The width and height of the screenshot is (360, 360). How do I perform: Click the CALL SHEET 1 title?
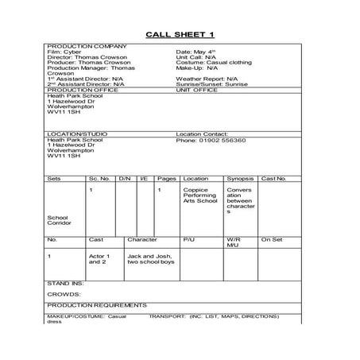180,34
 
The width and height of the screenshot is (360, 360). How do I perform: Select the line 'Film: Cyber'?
64,53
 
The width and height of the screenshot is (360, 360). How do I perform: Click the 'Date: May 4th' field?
196,53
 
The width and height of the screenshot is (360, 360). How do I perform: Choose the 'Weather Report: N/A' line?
206,79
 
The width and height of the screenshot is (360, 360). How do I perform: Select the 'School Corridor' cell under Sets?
59,219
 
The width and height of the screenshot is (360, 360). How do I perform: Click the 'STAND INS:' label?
65,283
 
